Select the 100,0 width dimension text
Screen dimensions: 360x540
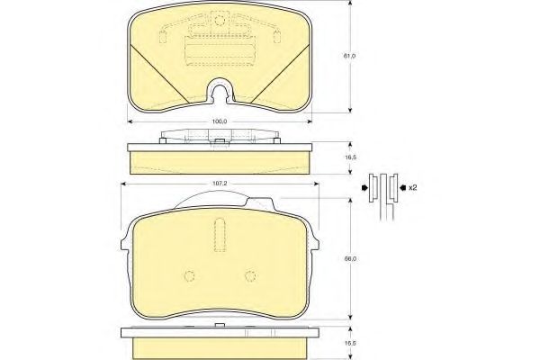pyautogui.click(x=220, y=121)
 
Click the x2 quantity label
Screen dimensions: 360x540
pyautogui.click(x=412, y=188)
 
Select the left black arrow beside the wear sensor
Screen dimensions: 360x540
pyautogui.click(x=364, y=188)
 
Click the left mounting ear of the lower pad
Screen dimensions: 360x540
pyautogui.click(x=123, y=238)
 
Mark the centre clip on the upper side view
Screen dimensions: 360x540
pyautogui.click(x=219, y=140)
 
